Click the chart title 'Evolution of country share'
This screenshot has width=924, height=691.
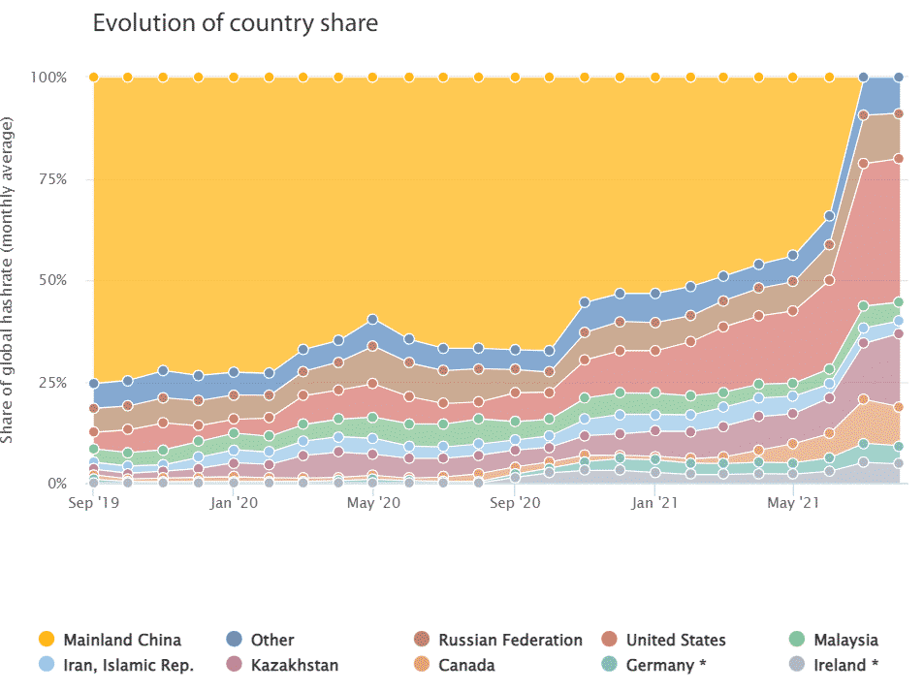click(x=235, y=23)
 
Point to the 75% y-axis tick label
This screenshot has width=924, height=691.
click(x=52, y=179)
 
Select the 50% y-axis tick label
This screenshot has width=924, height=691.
click(x=52, y=281)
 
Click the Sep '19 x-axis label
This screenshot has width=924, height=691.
click(x=94, y=504)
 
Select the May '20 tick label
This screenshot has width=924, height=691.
click(x=374, y=504)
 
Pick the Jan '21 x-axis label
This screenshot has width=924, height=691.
click(x=655, y=504)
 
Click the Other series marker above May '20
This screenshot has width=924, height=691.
click(x=373, y=319)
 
